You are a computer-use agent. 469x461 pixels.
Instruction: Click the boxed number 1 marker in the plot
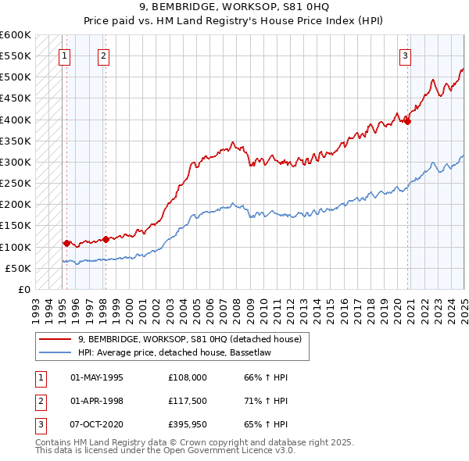(x=63, y=55)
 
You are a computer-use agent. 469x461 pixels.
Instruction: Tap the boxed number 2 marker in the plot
(x=104, y=55)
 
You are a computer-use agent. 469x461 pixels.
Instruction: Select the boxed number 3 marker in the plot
(x=406, y=55)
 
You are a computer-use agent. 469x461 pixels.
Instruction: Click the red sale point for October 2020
(x=408, y=121)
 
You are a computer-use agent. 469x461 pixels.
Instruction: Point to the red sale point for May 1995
(x=66, y=243)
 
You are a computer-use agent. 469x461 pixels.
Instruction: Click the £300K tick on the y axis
(x=16, y=162)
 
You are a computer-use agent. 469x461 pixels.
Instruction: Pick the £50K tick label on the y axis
(x=18, y=268)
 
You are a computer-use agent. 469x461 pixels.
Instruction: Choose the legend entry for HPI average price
(x=173, y=352)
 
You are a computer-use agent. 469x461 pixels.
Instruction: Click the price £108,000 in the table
(x=188, y=377)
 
